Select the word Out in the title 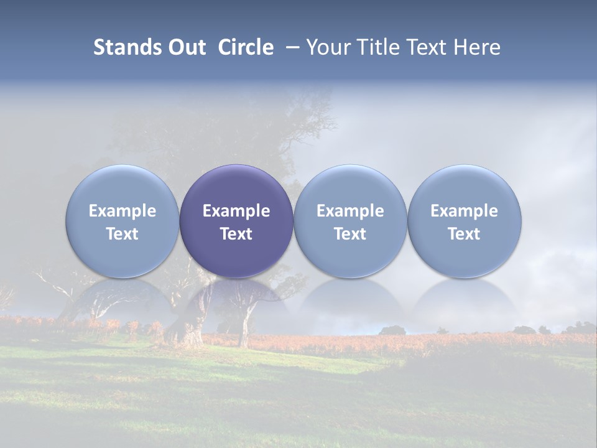(187, 47)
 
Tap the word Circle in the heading (246, 47)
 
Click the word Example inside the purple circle (236, 211)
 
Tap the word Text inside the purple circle (236, 234)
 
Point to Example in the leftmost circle (122, 211)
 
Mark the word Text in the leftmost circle (122, 234)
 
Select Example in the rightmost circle (465, 211)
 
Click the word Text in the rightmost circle (465, 234)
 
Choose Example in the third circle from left (350, 211)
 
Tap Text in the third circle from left (350, 234)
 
